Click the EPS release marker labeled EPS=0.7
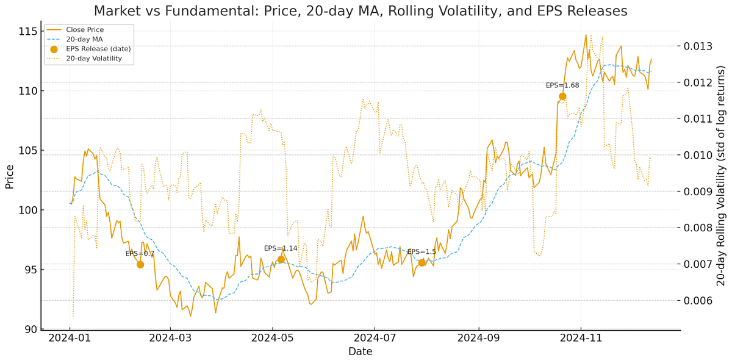tap(140, 264)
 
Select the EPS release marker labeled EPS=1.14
tap(281, 259)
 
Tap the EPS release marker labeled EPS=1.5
tap(422, 262)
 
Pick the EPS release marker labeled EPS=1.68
tap(562, 96)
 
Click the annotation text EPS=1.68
tap(562, 85)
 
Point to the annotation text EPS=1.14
tap(281, 248)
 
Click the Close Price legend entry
tap(85, 29)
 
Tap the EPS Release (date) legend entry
tap(98, 49)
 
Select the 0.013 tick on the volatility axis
tap(698, 46)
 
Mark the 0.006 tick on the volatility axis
tap(698, 300)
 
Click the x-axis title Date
tap(360, 351)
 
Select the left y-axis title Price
tap(9, 176)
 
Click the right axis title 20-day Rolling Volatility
tap(721, 176)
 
